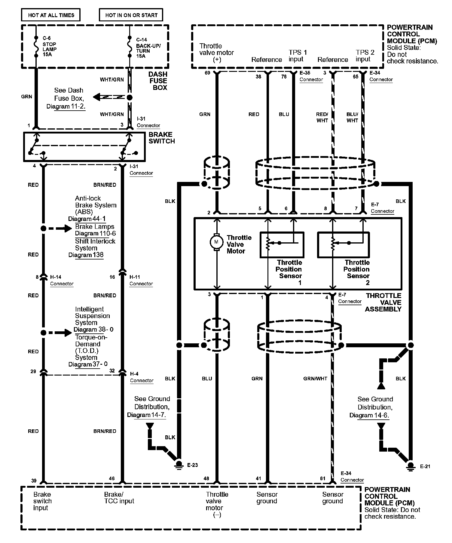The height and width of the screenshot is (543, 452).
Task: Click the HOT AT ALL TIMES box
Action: (x=51, y=15)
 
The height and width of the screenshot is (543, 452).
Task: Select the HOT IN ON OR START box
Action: (x=131, y=15)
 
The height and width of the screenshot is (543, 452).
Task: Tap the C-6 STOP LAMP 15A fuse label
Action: (x=49, y=47)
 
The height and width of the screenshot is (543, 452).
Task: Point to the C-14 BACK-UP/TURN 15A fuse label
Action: (x=148, y=48)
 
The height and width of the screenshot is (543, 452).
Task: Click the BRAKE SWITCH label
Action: (x=161, y=138)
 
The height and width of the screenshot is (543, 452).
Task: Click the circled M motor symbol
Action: (x=216, y=242)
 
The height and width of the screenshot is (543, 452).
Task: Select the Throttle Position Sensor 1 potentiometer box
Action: (x=282, y=244)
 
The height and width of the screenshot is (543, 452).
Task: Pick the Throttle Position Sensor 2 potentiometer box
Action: (x=343, y=244)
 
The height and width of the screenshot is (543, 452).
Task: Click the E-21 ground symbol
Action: (x=411, y=466)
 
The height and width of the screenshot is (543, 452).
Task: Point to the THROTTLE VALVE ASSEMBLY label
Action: (x=383, y=302)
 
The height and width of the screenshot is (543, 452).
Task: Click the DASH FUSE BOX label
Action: (x=158, y=81)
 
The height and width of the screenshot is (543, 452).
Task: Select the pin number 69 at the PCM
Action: (x=207, y=73)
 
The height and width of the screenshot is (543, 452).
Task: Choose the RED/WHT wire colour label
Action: (x=322, y=117)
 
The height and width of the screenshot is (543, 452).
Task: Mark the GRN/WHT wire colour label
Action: (x=315, y=379)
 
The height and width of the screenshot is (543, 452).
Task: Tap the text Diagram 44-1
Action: (x=87, y=219)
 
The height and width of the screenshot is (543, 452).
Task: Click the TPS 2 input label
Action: (x=365, y=56)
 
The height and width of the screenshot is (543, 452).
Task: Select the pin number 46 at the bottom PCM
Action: (x=112, y=478)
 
